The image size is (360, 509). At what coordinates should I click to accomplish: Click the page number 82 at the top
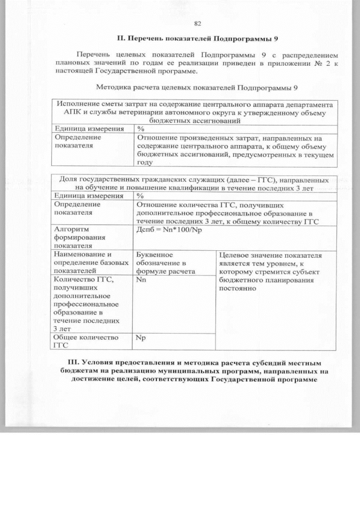pyautogui.click(x=197, y=23)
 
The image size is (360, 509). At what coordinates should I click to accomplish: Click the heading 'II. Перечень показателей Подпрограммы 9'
pyautogui.click(x=197, y=39)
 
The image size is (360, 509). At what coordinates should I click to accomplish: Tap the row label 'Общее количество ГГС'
pyautogui.click(x=85, y=341)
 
